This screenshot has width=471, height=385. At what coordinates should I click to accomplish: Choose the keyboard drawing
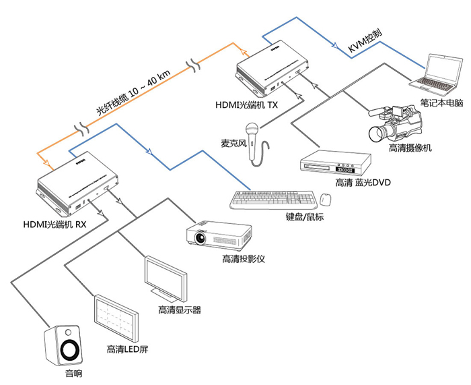click(273, 200)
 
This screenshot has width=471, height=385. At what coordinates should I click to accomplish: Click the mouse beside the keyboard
click(326, 200)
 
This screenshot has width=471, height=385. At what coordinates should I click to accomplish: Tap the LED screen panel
click(116, 318)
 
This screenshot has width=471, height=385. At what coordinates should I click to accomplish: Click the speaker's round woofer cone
click(69, 350)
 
